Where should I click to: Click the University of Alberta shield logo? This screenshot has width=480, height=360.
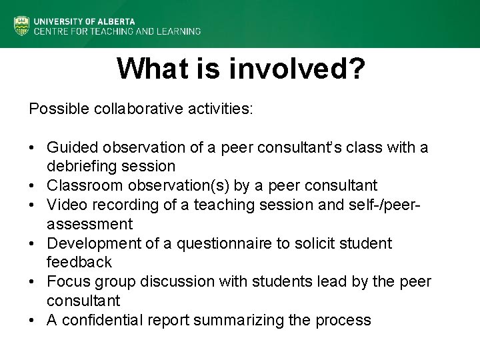click(21, 25)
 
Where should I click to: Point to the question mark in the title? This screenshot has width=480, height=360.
click(355, 68)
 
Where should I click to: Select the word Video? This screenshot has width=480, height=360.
click(64, 204)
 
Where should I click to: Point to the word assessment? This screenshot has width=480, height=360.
click(90, 223)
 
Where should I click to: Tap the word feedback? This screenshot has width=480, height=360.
click(79, 262)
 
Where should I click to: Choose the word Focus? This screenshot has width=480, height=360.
click(66, 281)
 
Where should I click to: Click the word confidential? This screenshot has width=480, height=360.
click(101, 320)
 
